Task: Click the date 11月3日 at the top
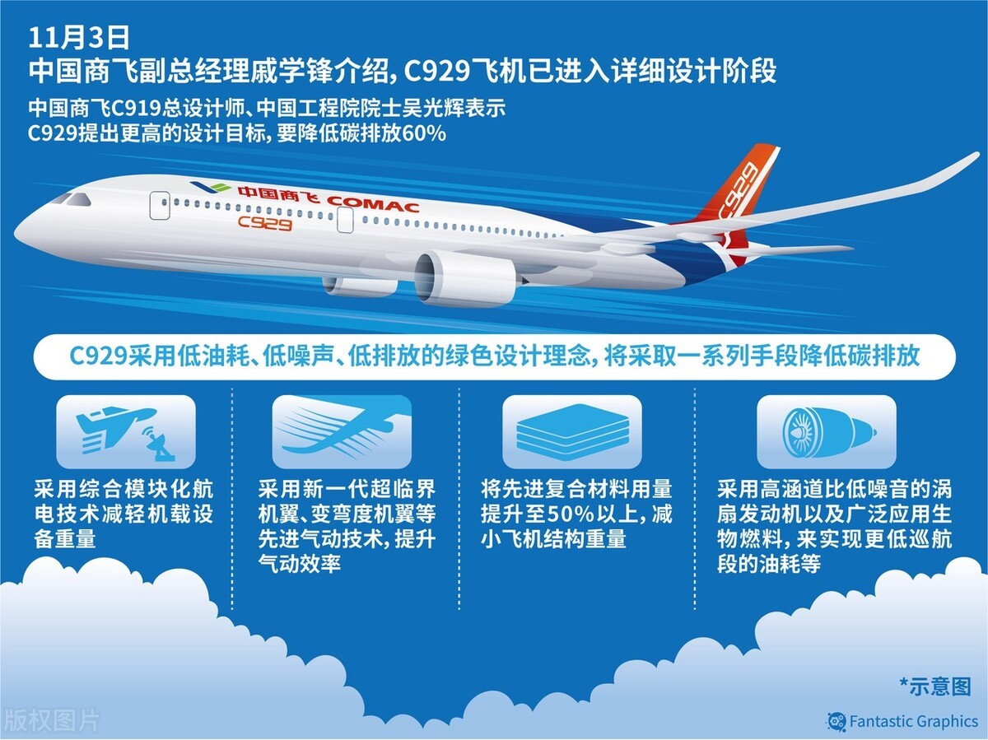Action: click(x=79, y=37)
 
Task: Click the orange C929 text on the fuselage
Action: click(x=265, y=223)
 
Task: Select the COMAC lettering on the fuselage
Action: click(x=373, y=204)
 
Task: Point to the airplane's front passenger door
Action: click(x=160, y=206)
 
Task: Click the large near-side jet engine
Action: click(x=465, y=279)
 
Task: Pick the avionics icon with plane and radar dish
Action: click(x=126, y=432)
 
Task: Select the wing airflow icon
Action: click(x=342, y=432)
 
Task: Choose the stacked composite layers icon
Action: click(x=572, y=432)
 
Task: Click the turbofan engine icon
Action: click(x=827, y=432)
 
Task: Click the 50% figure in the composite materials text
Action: click(x=571, y=514)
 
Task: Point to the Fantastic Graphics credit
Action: click(x=903, y=722)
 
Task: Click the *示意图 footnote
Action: click(x=935, y=686)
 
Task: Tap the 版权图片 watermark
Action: click(x=50, y=720)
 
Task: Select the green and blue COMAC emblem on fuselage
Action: click(x=210, y=187)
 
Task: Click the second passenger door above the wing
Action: click(x=345, y=220)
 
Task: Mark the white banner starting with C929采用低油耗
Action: click(x=494, y=356)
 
